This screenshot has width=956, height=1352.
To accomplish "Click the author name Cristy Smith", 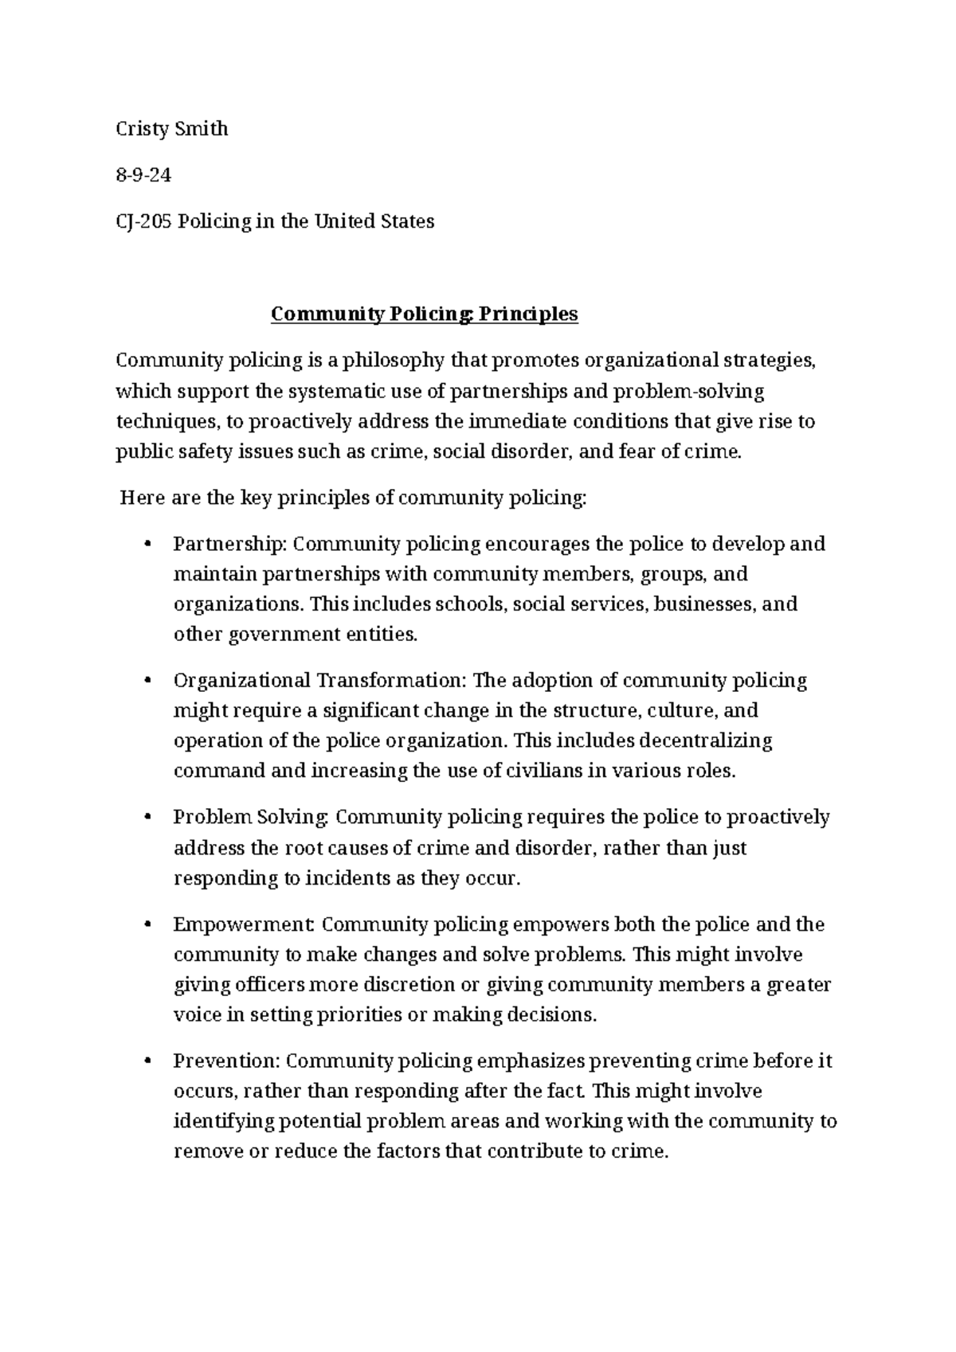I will pyautogui.click(x=172, y=129).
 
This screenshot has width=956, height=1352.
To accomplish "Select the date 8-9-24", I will pyautogui.click(x=143, y=175).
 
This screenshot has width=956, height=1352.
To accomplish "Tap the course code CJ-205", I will pyautogui.click(x=144, y=221).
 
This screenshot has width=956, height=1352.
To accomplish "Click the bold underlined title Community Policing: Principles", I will pyautogui.click(x=424, y=315).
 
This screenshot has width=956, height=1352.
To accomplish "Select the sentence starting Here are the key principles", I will pyautogui.click(x=352, y=498).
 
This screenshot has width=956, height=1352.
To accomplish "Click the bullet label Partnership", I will pyautogui.click(x=229, y=545).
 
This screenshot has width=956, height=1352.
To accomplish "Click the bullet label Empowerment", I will pyautogui.click(x=244, y=925).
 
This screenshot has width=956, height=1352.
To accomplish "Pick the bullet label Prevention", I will pyautogui.click(x=226, y=1061).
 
